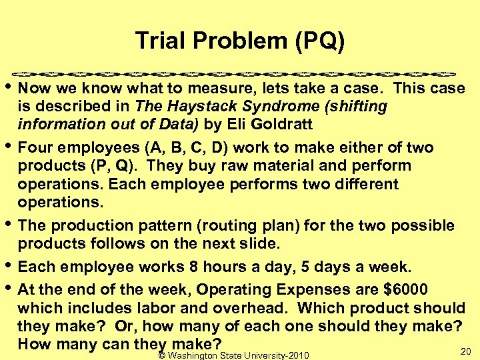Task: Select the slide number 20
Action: [x=465, y=351]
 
